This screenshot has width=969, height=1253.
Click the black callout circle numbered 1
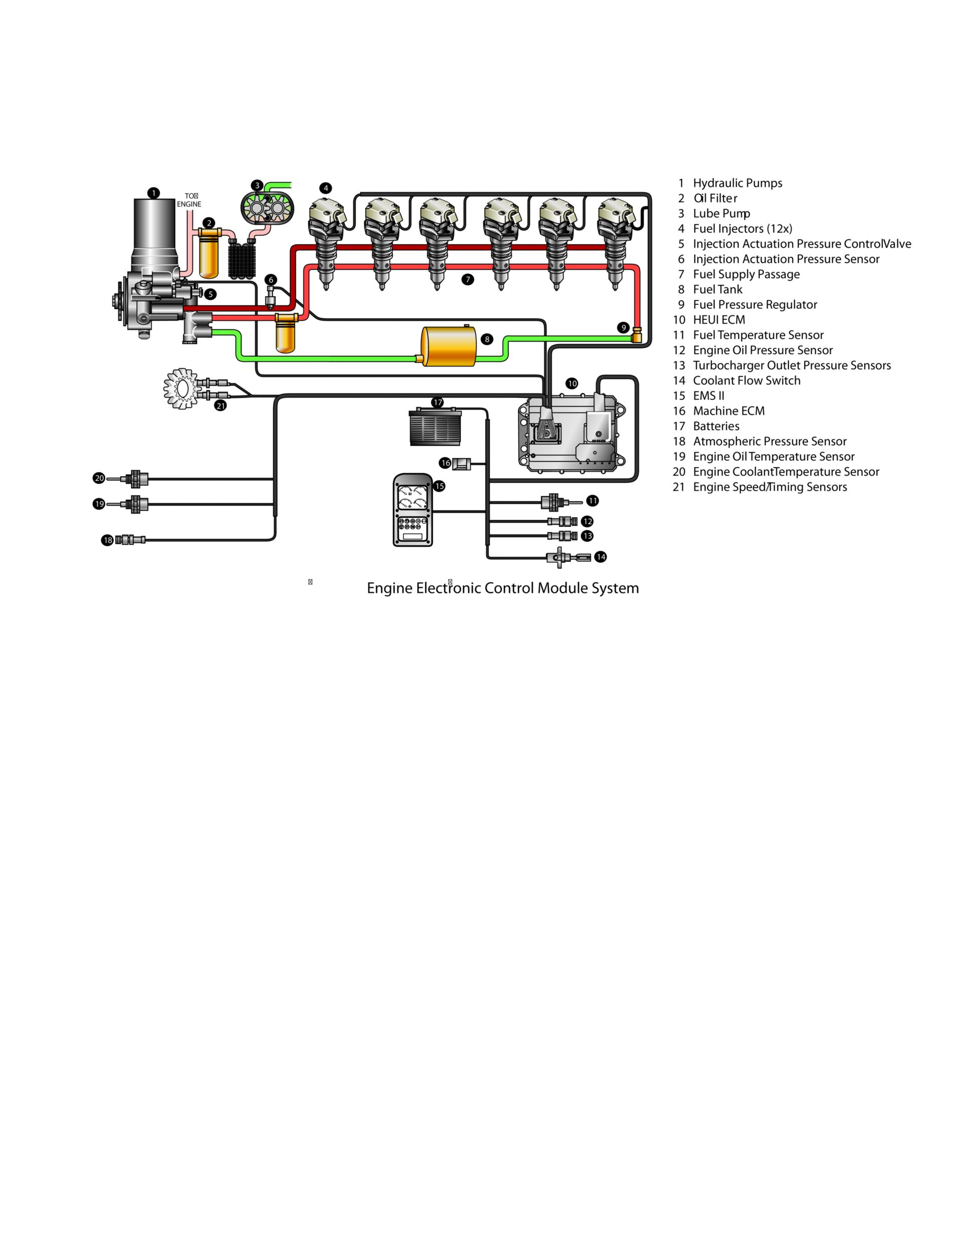click(x=153, y=193)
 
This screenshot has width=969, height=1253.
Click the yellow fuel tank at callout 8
click(x=449, y=346)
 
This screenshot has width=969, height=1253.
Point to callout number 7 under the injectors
click(x=468, y=279)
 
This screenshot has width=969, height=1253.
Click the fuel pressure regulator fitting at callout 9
click(x=636, y=334)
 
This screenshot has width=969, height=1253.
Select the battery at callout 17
click(x=435, y=428)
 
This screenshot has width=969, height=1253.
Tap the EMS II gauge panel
click(x=413, y=510)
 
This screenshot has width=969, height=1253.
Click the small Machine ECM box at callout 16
click(x=461, y=464)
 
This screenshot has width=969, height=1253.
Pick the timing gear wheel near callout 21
click(x=181, y=389)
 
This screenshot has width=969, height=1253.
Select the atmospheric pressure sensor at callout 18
click(x=130, y=540)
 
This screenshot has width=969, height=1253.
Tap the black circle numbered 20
click(x=99, y=479)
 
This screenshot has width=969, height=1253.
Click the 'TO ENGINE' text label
click(x=189, y=200)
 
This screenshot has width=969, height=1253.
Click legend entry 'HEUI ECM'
click(x=719, y=320)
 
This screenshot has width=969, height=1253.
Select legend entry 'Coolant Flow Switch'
click(x=746, y=381)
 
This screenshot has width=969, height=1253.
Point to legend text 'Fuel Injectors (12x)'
click(x=742, y=229)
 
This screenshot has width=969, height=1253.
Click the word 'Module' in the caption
click(x=562, y=588)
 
